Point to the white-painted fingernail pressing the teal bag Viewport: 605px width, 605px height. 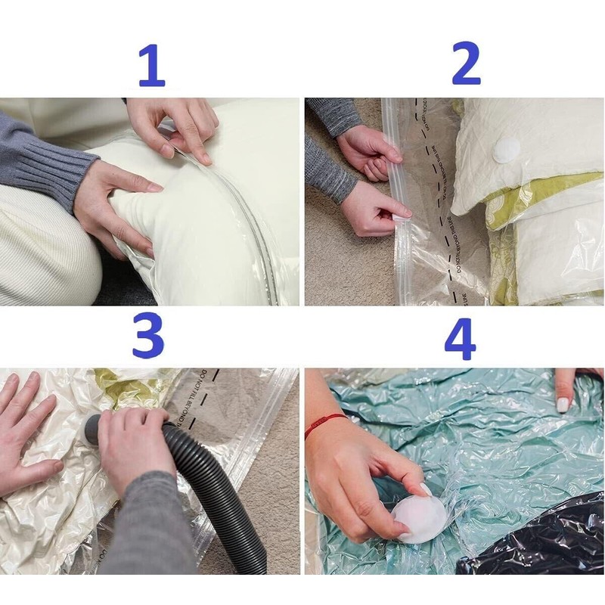[x=563, y=404]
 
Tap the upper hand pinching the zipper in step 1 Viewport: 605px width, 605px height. [x=178, y=125]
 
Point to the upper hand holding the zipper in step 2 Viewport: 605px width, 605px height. [x=371, y=151]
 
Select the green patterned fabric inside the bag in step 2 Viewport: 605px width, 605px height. [x=503, y=204]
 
